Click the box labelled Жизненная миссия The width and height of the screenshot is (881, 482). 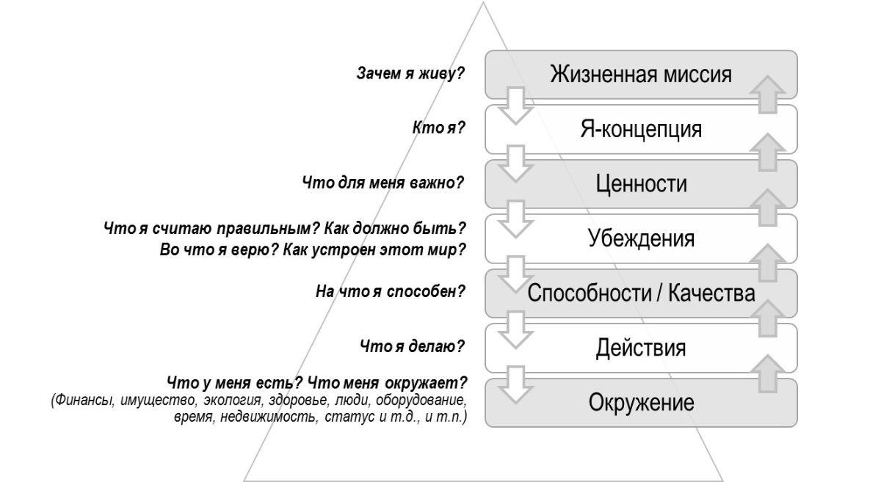639,74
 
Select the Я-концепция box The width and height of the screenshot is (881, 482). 639,129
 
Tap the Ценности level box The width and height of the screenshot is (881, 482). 639,183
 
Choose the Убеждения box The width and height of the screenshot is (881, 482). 639,238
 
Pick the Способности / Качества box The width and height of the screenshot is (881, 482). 639,293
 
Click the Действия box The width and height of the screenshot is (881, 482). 639,348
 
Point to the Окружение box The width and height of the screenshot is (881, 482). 639,403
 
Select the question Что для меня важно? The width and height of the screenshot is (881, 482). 383,182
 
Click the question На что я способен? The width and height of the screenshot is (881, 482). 391,292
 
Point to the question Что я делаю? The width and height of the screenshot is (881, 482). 414,346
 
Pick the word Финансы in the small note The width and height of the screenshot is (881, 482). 81,402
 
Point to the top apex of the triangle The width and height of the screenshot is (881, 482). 484,4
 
